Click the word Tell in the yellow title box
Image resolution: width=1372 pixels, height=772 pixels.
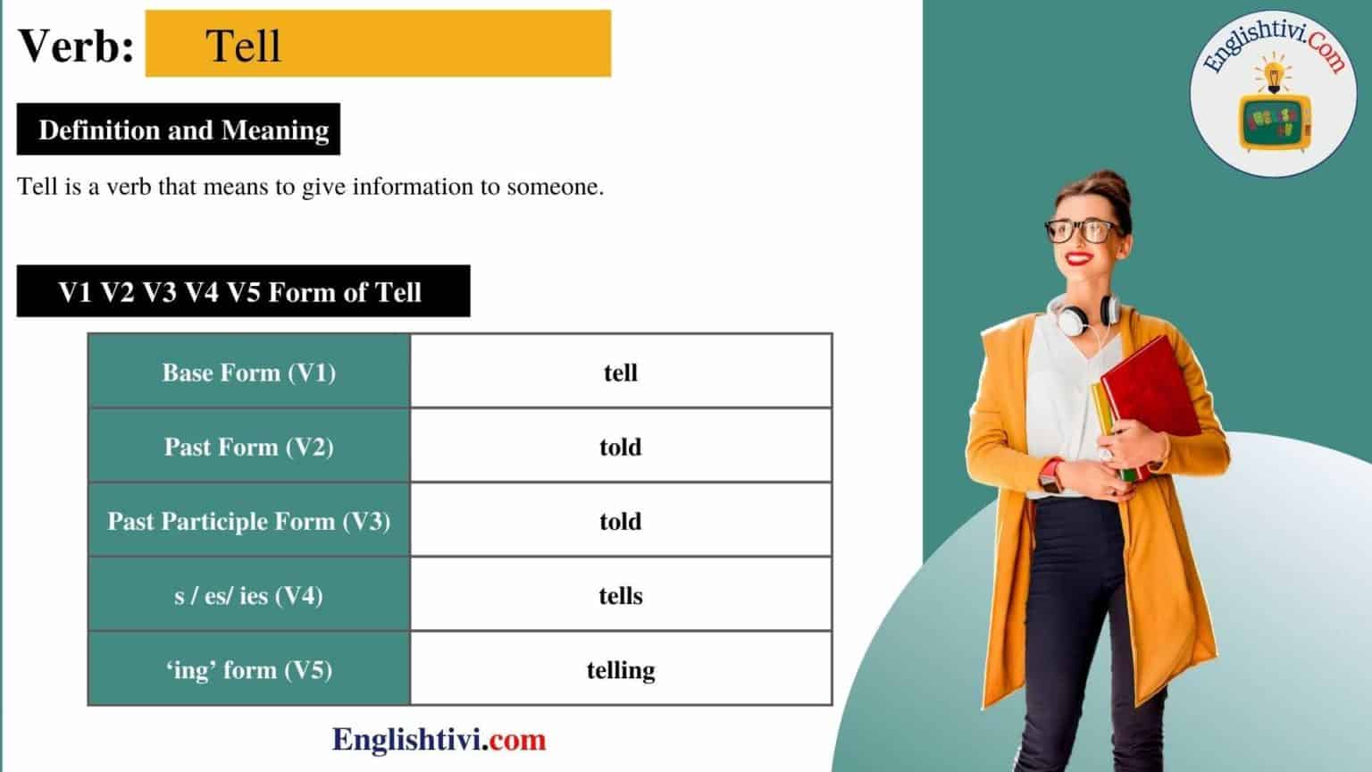[243, 46]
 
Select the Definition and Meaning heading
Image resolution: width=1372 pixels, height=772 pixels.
[183, 130]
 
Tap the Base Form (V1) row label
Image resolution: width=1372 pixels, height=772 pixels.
[248, 372]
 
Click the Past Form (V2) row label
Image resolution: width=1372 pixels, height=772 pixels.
[248, 446]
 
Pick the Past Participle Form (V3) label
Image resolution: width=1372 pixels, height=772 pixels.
[248, 521]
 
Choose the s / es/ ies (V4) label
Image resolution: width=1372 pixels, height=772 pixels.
[248, 595]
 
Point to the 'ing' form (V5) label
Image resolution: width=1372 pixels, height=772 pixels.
[248, 669]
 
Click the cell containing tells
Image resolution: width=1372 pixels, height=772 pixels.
[621, 595]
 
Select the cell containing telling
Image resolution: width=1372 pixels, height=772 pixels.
[621, 669]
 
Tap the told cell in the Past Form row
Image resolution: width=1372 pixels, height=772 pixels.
[621, 446]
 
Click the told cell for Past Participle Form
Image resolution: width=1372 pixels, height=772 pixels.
[621, 521]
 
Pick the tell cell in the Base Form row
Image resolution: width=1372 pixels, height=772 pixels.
[621, 372]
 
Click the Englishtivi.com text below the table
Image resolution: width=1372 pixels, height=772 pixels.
[439, 740]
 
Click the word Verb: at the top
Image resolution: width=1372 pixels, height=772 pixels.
[77, 46]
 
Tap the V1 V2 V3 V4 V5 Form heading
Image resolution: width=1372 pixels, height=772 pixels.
[241, 292]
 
